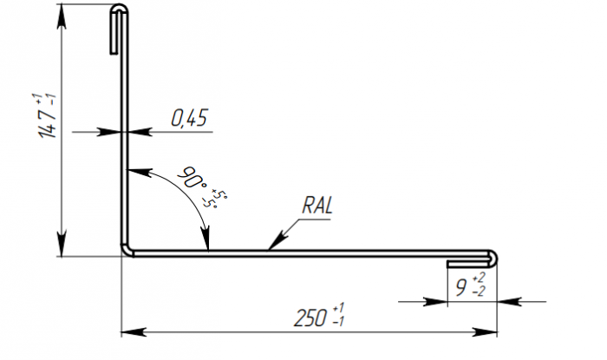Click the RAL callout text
(318, 206)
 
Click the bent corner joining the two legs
(126, 250)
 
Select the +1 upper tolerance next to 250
(338, 309)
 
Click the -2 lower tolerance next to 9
(480, 293)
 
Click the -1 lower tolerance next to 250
(338, 323)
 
